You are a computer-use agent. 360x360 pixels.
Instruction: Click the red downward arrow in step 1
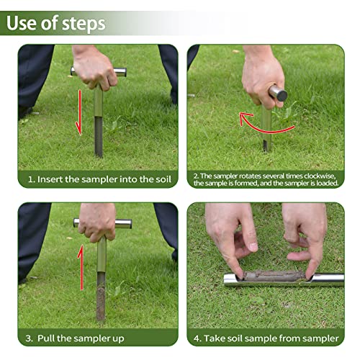click(x=78, y=111)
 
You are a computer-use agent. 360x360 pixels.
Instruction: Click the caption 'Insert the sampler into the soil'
click(x=100, y=179)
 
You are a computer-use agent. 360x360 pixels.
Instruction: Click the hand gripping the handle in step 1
click(x=94, y=68)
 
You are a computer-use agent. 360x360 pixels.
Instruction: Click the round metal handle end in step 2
click(x=278, y=94)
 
